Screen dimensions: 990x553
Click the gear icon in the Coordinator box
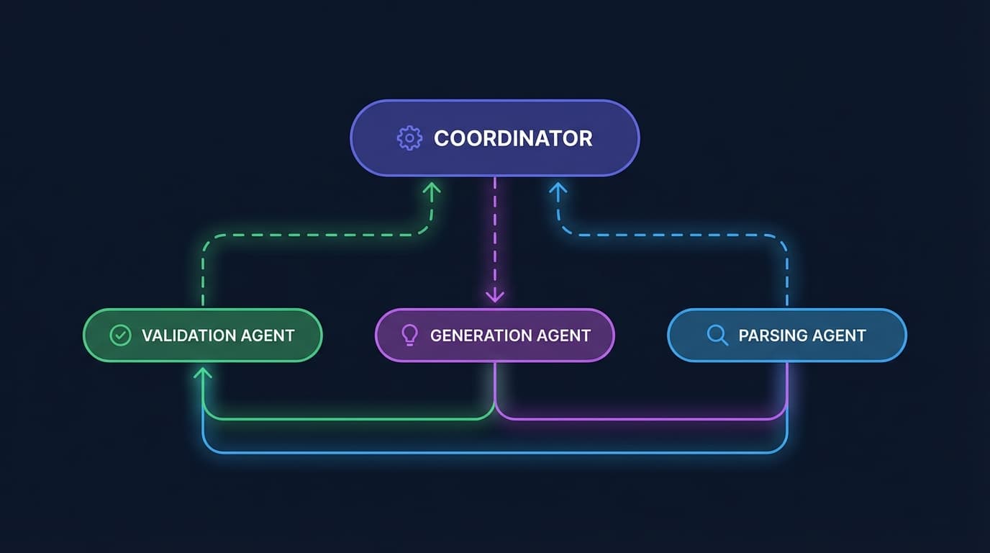[x=409, y=138]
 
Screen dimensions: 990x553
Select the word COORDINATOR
[x=513, y=138]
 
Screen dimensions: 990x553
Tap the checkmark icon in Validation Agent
[x=120, y=336]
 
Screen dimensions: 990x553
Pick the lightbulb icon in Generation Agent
[x=409, y=336]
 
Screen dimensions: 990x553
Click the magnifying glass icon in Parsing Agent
[x=717, y=335]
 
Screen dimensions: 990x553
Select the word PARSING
[x=769, y=336]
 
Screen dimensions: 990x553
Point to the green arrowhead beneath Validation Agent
[x=203, y=373]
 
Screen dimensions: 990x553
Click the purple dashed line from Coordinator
[x=495, y=239]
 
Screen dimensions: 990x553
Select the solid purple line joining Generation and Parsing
[x=641, y=418]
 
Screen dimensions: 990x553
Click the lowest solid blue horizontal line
[x=495, y=453]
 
